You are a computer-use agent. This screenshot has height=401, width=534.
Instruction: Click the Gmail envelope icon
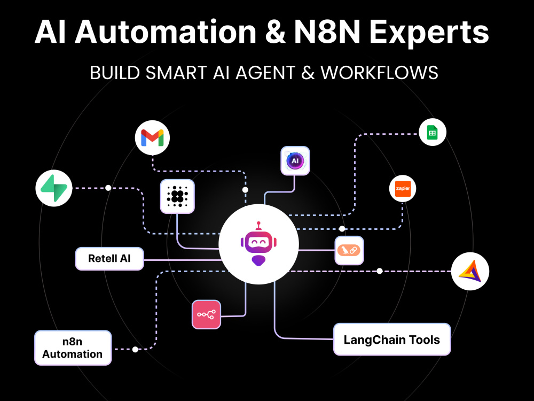[152, 138]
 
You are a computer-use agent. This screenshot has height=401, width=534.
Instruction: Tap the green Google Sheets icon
[432, 132]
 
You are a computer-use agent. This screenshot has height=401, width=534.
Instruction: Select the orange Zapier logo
[403, 189]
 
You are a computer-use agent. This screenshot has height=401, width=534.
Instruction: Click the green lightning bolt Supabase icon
[54, 188]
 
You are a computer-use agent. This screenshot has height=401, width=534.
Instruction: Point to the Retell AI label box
[109, 258]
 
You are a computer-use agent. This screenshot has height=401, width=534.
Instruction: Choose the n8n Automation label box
[73, 348]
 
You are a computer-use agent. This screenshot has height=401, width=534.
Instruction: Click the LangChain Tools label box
[391, 340]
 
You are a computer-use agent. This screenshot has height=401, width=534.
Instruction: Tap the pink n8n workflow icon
[206, 314]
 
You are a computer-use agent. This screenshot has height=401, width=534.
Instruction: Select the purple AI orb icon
[295, 161]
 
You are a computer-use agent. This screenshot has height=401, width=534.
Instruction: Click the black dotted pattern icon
[177, 196]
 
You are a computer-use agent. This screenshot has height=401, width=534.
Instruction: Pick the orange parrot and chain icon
[349, 251]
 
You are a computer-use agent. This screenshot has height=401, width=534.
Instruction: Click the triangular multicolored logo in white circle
[470, 272]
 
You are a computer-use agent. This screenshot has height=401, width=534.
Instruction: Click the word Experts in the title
[429, 33]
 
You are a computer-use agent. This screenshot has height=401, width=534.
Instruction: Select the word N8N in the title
[327, 32]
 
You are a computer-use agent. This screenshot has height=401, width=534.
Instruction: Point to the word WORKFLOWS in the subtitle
[379, 73]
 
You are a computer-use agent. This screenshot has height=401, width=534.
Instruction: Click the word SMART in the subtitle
[176, 73]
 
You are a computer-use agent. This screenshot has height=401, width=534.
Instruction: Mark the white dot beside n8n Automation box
[135, 349]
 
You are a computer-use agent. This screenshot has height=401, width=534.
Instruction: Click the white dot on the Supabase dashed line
[108, 188]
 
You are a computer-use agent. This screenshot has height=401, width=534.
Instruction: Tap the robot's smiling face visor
[258, 242]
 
